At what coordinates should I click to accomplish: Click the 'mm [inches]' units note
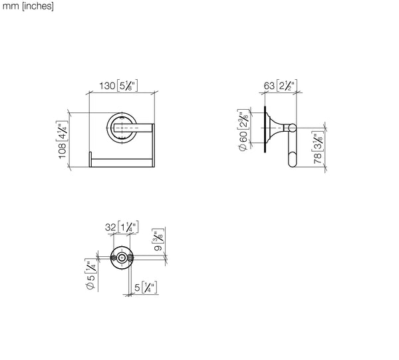28,7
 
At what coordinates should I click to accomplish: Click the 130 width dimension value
107,86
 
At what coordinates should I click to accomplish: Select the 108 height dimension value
63,150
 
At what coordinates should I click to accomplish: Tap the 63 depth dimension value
269,86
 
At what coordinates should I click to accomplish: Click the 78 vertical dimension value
318,158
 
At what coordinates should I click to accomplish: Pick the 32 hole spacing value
110,227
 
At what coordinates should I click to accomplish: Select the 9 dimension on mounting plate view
158,248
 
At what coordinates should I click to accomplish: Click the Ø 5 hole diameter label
91,282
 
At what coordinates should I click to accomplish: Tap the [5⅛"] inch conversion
127,86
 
